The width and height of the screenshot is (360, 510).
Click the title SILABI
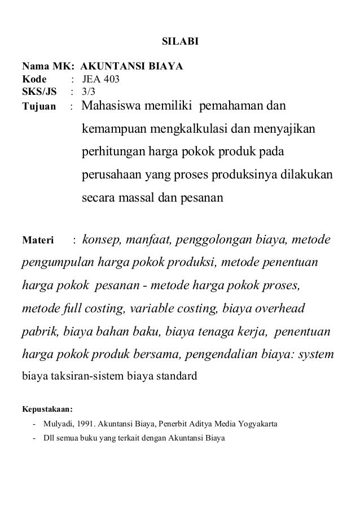(x=180, y=41)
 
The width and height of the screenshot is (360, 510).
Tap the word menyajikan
(x=284, y=129)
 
